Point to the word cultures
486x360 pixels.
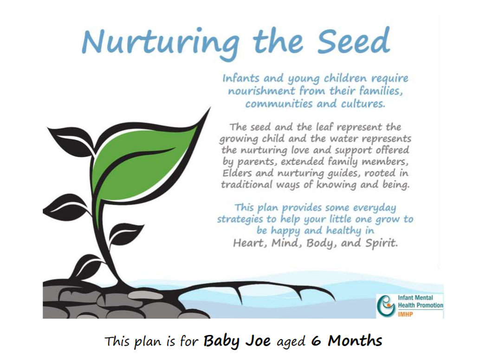(361, 103)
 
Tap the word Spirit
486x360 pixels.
(382, 243)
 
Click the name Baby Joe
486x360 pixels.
(238, 341)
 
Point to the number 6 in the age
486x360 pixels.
(316, 341)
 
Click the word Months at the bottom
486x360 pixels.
(355, 341)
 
